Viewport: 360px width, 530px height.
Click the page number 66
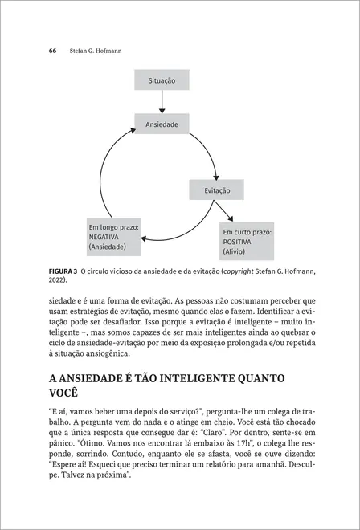coord(52,50)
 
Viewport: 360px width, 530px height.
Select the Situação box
coord(162,81)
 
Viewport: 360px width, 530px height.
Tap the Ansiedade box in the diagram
coord(162,125)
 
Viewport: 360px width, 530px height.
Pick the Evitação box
coord(217,190)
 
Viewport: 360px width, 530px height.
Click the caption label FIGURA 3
coord(63,271)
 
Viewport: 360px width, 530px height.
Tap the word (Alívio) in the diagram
coord(239,251)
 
